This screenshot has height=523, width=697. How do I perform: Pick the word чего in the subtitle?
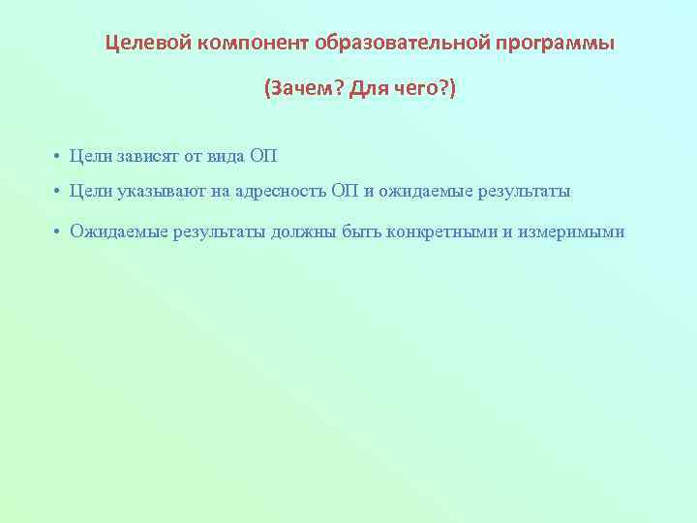pos(417,90)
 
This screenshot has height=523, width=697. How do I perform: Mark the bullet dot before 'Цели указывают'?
pos(58,193)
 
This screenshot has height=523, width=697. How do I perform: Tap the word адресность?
pos(281,192)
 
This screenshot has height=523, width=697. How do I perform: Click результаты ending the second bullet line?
pos(521,192)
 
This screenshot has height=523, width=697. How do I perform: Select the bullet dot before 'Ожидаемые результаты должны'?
pos(58,232)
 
